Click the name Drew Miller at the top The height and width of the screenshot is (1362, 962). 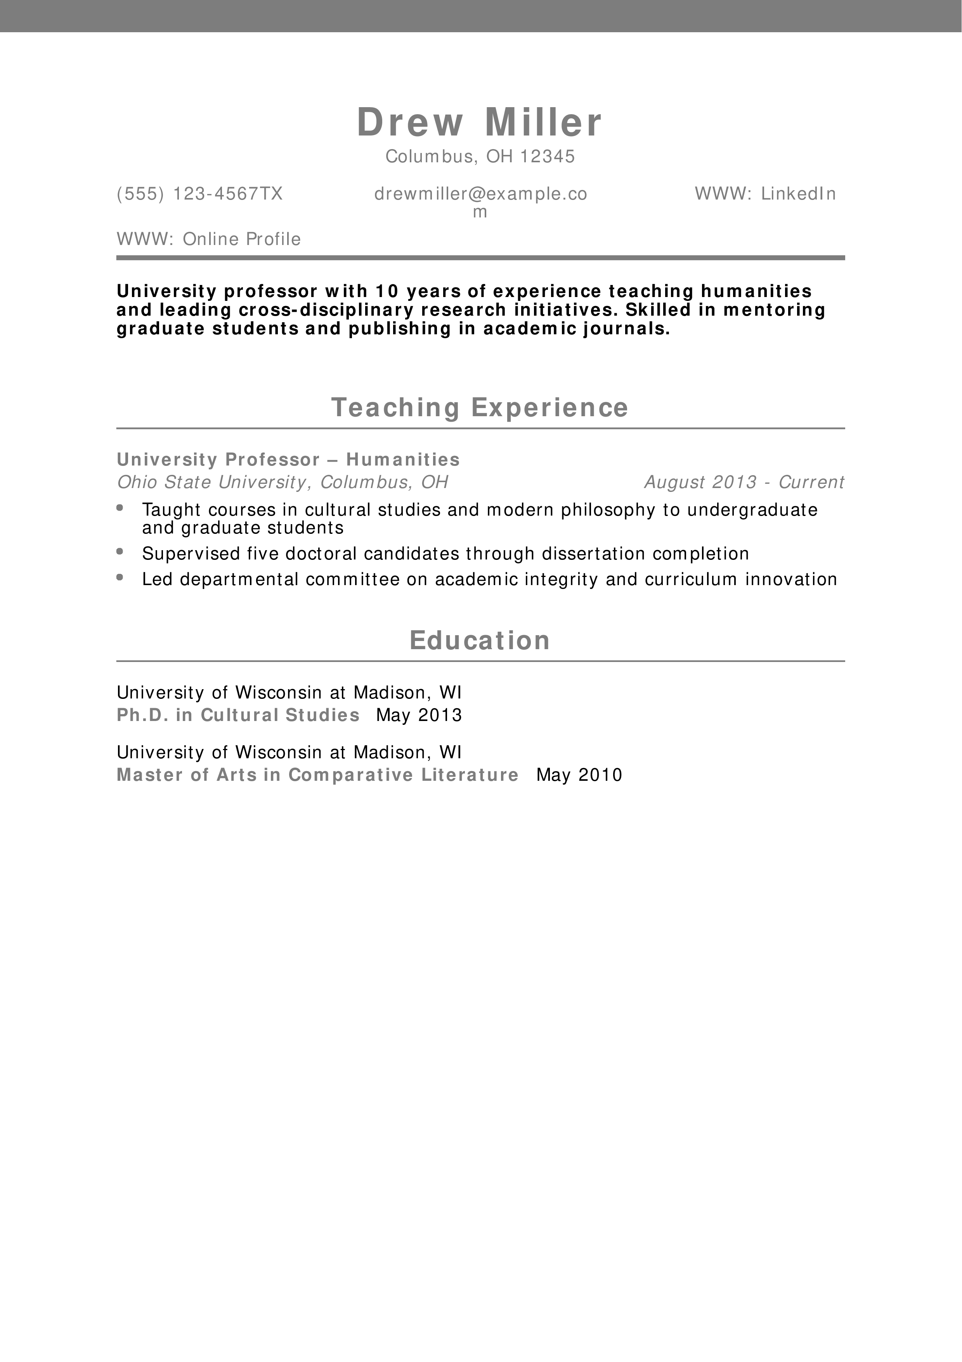click(x=480, y=122)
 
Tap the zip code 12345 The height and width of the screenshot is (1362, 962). click(x=548, y=156)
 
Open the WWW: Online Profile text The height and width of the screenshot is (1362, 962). click(x=209, y=239)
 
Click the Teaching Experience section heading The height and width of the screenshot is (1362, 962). click(x=480, y=408)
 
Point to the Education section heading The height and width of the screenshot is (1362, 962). click(x=480, y=641)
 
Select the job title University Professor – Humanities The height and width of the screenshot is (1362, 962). click(x=288, y=459)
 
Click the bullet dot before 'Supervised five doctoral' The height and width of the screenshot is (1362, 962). click(x=120, y=551)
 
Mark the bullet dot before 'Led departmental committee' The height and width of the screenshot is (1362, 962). click(x=120, y=577)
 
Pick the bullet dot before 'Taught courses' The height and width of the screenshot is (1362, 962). click(x=120, y=507)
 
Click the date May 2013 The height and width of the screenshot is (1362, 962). click(x=419, y=715)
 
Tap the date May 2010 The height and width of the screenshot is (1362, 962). click(x=579, y=775)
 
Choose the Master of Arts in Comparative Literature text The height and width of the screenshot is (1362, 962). click(x=318, y=775)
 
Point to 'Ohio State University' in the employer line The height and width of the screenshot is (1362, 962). click(x=210, y=482)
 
